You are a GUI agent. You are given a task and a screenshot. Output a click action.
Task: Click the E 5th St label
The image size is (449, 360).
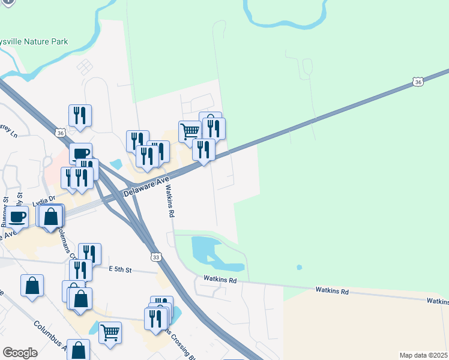click(x=120, y=270)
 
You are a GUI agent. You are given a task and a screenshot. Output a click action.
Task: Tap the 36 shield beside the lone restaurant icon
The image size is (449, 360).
click(x=59, y=133)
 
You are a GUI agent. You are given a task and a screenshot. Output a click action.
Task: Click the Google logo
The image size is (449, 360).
click(x=20, y=353)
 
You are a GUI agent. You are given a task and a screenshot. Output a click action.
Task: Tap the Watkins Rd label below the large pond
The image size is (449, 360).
click(x=220, y=279)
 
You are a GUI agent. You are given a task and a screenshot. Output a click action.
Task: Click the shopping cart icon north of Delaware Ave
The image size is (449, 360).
click(x=190, y=130)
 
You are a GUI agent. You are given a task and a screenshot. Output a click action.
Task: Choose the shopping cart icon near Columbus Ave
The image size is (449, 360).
click(x=110, y=331)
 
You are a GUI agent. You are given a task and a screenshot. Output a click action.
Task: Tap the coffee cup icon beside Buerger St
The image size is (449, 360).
click(x=17, y=217)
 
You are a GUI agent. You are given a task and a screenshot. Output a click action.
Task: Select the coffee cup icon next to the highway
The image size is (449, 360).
click(x=80, y=153)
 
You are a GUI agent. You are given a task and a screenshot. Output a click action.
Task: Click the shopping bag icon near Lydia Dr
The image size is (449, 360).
click(x=52, y=217)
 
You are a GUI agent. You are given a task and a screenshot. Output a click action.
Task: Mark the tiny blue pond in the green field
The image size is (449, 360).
click(x=299, y=267)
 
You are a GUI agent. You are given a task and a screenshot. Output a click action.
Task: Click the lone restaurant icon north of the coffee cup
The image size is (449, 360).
click(x=80, y=116)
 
